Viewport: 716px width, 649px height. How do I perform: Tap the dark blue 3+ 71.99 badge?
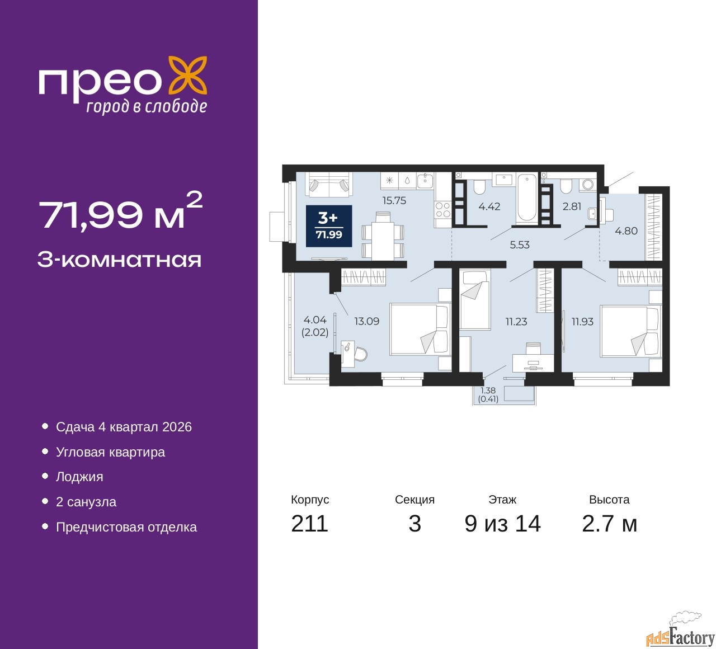pos(329,225)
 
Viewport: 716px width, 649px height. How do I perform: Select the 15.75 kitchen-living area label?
pos(394,201)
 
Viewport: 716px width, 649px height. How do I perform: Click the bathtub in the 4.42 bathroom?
pos(526,199)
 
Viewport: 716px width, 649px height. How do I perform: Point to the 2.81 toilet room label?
pos(572,206)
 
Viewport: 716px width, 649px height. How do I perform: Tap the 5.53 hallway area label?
pos(519,245)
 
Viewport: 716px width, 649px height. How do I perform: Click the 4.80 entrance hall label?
pos(626,231)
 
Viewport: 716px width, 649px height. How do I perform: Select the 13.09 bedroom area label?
pos(366,321)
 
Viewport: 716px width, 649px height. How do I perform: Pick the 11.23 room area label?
pos(516,322)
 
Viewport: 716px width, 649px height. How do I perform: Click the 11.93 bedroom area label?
pos(582,322)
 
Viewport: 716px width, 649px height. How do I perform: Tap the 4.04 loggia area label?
pos(315,320)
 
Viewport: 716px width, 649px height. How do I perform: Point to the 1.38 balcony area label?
pos(488,391)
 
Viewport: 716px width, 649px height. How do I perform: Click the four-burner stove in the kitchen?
pos(443,210)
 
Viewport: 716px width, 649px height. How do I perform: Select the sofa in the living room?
pos(328,184)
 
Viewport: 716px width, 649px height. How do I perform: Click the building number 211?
pos(309,524)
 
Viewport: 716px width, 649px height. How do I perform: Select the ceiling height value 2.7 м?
pos(609,524)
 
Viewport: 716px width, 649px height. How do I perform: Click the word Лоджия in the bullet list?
pos(79,477)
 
